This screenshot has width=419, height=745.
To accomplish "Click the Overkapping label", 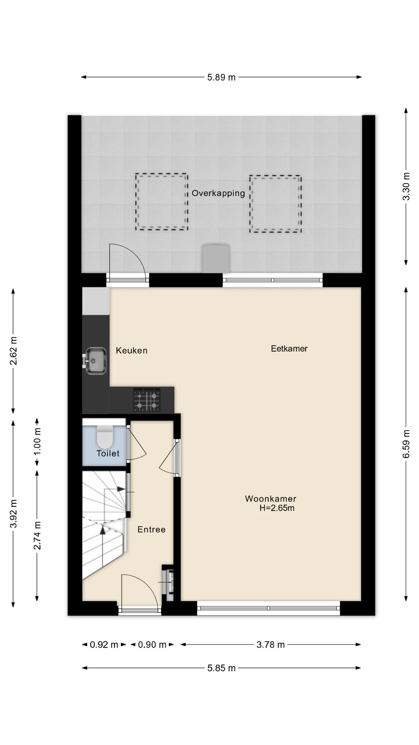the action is (x=218, y=193).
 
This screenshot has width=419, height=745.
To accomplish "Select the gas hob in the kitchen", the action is (x=147, y=400).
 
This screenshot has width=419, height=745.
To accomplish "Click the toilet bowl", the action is (x=104, y=437).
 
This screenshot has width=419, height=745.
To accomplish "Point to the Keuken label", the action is (x=132, y=350).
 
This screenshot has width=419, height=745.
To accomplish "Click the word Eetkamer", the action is (x=289, y=348).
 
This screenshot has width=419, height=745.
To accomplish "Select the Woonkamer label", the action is (x=270, y=499).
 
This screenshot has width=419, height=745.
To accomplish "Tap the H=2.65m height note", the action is (x=277, y=508).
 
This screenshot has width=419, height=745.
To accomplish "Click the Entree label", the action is (x=151, y=529).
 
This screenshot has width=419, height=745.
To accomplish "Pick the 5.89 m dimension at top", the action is (x=221, y=77).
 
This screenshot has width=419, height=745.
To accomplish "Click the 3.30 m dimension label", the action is (x=406, y=186).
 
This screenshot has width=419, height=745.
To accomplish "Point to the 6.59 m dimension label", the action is (x=406, y=444).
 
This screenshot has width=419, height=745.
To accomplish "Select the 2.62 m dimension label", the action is (x=13, y=351).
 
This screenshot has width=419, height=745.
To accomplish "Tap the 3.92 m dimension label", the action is (x=13, y=514).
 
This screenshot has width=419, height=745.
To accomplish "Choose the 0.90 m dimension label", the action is (x=152, y=645).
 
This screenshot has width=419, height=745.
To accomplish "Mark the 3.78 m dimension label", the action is (x=270, y=645).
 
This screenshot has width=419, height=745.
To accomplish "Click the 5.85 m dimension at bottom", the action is (x=221, y=668).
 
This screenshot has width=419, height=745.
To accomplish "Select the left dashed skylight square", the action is (x=136, y=201).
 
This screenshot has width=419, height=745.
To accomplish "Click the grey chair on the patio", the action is (x=216, y=258).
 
